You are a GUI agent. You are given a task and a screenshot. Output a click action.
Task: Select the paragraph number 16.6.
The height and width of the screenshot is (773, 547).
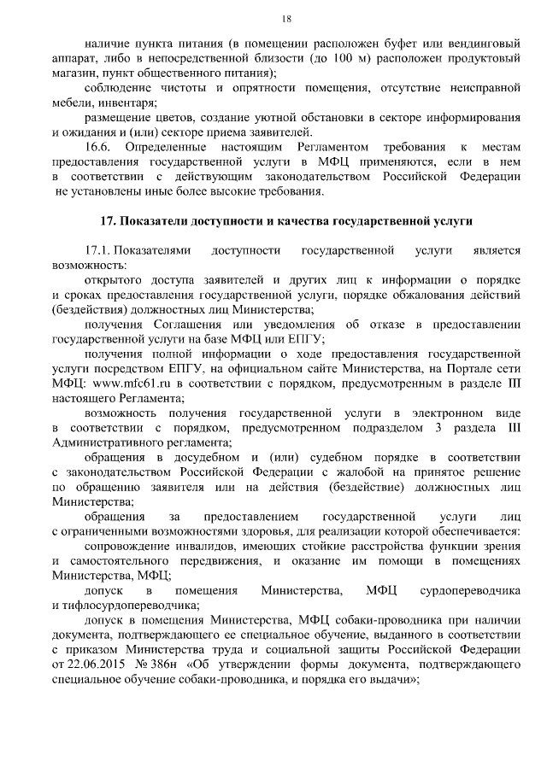click(x=101, y=147)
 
